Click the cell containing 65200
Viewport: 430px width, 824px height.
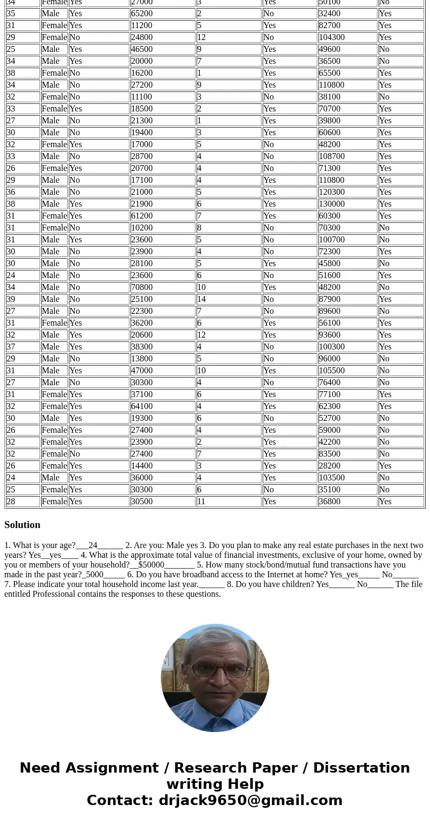tap(141, 14)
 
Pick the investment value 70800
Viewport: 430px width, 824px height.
tap(141, 287)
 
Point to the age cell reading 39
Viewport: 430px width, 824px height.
tap(11, 299)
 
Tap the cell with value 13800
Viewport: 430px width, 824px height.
tap(141, 359)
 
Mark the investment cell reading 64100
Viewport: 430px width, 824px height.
tap(141, 406)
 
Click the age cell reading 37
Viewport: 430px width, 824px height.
tap(11, 347)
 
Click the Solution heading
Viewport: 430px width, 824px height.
tap(22, 525)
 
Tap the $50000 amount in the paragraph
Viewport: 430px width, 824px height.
tap(151, 565)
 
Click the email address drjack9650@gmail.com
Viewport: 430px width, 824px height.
tap(250, 801)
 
